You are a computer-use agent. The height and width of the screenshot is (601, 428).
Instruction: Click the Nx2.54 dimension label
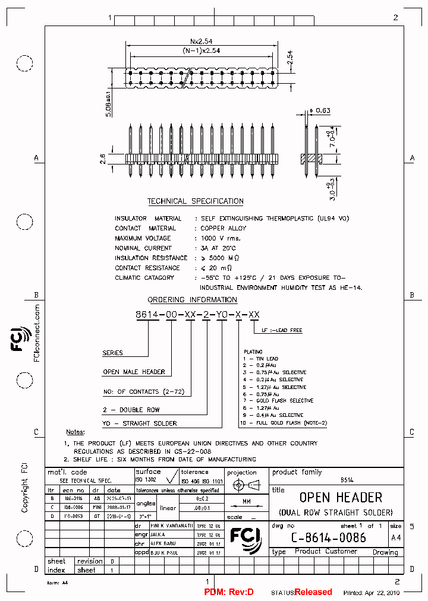202,42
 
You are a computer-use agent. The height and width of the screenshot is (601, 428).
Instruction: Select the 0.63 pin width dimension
323,110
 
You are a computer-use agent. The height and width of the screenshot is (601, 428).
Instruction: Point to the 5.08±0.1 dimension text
108,104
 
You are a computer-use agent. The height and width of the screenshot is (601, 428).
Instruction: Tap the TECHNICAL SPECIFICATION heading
196,201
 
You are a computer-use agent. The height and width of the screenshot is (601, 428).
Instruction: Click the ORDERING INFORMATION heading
192,300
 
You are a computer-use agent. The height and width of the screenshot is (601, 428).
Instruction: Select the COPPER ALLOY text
224,228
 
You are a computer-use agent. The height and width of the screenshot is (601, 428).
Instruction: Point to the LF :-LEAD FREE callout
282,330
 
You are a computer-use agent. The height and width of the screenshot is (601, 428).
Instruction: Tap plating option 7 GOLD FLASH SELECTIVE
276,401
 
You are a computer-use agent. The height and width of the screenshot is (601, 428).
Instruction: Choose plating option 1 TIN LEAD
259,359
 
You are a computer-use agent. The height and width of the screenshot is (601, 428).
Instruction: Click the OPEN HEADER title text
341,497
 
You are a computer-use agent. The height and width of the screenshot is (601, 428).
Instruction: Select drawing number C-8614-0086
328,537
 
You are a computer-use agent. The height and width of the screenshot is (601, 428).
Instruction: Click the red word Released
313,592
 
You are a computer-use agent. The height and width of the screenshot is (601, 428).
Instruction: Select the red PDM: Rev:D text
229,592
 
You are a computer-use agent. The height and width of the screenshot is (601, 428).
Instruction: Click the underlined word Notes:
75,432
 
